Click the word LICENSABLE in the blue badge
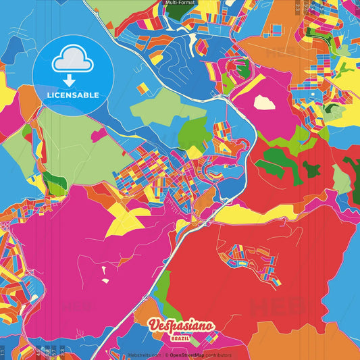73,95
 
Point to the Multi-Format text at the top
180,3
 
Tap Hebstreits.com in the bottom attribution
145,355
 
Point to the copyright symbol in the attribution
166,355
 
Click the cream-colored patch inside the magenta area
264,102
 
